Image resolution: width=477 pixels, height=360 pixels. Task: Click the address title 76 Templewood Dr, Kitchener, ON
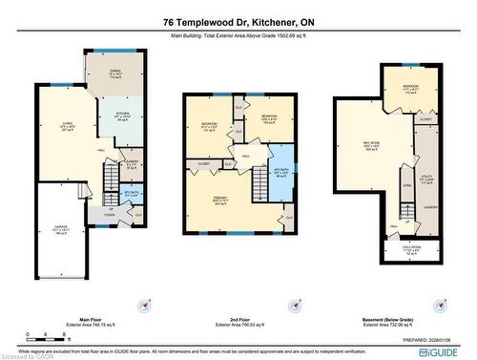tap(238, 22)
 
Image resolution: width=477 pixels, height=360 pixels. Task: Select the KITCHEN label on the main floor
tap(122, 116)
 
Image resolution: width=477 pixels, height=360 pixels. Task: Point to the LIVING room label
tap(68, 124)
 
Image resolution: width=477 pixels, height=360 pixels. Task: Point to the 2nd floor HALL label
tap(245, 156)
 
